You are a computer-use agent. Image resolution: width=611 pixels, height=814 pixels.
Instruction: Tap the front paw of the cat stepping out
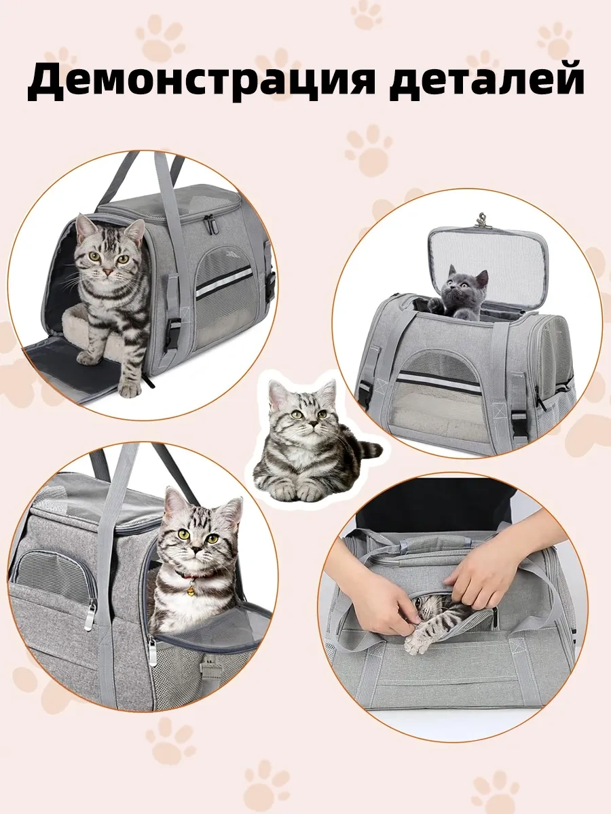(129, 387)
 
